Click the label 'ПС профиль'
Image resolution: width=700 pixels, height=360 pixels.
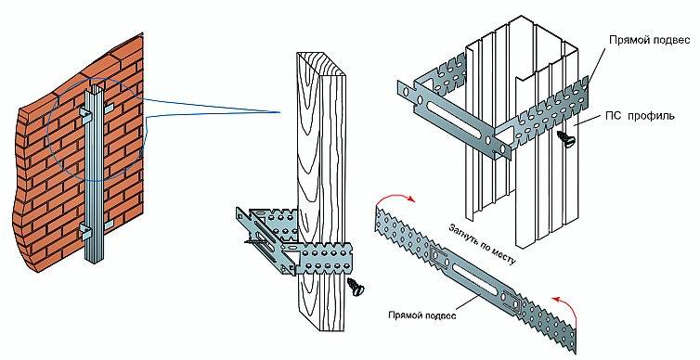tap(640, 116)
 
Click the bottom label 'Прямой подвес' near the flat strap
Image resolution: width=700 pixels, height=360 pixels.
tap(421, 315)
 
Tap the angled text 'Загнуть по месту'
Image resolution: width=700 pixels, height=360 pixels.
tap(481, 244)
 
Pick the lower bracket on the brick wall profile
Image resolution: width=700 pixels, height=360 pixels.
tap(96, 230)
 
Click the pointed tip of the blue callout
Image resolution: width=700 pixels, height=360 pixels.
tap(279, 112)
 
